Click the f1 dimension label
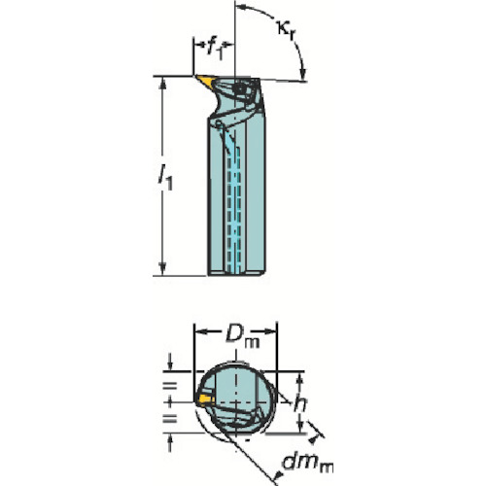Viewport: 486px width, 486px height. point(215,50)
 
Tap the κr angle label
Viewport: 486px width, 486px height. point(285,30)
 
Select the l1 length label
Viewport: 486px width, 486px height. point(165,178)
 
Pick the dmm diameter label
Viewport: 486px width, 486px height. point(308,463)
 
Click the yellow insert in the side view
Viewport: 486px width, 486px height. point(205,81)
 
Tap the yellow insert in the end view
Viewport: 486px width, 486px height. point(205,399)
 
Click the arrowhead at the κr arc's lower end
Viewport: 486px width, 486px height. point(303,74)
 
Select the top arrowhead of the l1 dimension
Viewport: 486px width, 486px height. point(162,83)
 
